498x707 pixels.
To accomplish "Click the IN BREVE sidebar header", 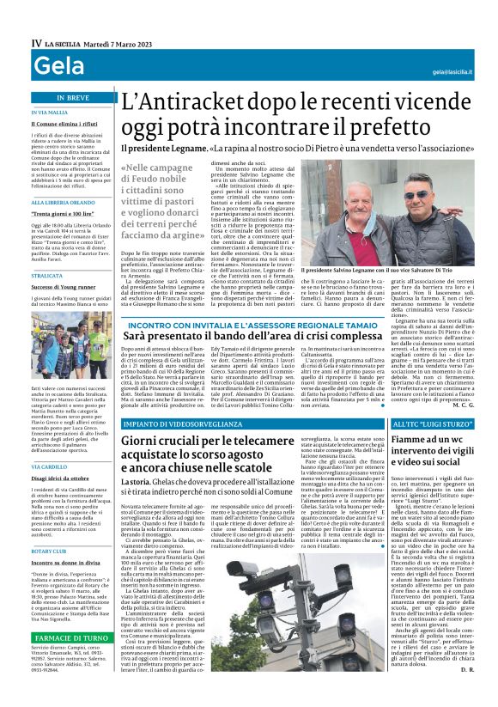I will (x=72, y=98).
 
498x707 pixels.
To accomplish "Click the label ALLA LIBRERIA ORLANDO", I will (x=63, y=202).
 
